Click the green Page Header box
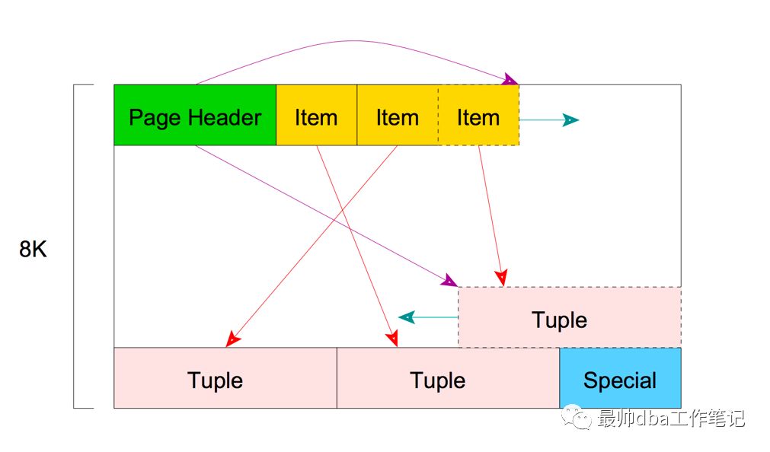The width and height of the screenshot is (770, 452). tap(195, 115)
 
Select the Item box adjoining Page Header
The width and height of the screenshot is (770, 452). tap(316, 115)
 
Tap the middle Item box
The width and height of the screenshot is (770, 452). tap(397, 115)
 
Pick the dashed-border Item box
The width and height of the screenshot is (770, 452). tap(478, 115)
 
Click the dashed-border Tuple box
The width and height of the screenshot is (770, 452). tap(569, 317)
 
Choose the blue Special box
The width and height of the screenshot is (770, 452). tap(620, 378)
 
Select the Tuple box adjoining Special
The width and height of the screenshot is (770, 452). tap(448, 378)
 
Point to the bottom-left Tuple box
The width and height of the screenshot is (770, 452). tap(225, 378)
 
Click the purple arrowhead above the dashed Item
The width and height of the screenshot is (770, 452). tap(510, 79)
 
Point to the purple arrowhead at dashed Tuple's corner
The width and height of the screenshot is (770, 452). tap(449, 282)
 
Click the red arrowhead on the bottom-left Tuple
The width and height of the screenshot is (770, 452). tap(233, 339)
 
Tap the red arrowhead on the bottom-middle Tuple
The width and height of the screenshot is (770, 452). tap(391, 338)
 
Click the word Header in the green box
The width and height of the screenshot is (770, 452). tap(225, 118)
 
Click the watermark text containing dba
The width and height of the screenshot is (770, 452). tap(671, 418)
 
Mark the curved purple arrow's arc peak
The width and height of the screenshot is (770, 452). tap(354, 41)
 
